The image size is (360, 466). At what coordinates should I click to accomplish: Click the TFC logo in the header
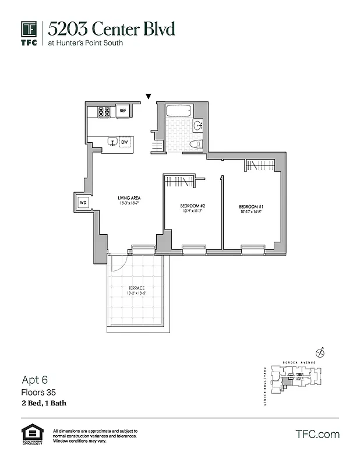29,33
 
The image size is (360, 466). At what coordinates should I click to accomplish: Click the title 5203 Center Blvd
111,29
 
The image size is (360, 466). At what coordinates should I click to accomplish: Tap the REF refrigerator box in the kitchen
123,111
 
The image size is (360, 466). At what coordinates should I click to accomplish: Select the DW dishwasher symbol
125,142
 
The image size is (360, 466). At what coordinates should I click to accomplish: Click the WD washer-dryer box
83,203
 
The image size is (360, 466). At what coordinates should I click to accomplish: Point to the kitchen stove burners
104,111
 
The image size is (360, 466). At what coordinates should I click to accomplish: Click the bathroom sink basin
198,125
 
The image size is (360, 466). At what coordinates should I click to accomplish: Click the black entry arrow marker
149,96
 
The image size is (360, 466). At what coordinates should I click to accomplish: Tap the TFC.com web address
317,434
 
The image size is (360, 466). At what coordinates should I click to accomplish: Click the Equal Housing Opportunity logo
33,434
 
